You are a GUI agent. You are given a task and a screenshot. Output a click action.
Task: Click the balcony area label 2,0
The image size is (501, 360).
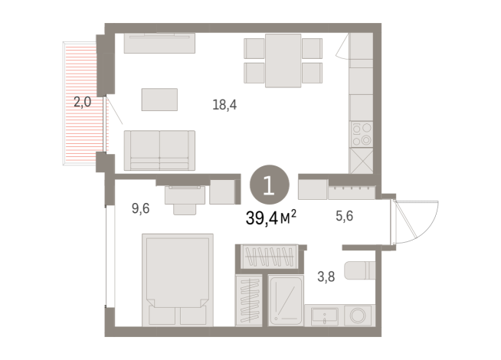pyautogui.click(x=83, y=100)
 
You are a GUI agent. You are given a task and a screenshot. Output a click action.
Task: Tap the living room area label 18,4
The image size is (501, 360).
pyautogui.click(x=224, y=104)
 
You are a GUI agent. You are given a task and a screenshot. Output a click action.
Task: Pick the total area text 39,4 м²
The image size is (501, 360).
pyautogui.click(x=272, y=219)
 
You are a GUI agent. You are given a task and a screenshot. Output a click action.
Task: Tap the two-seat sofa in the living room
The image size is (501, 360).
pyautogui.click(x=159, y=149)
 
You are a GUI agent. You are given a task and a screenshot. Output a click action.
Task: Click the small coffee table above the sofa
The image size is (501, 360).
pyautogui.click(x=159, y=100)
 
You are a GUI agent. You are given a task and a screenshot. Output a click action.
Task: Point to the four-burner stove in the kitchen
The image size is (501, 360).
pyautogui.click(x=361, y=134)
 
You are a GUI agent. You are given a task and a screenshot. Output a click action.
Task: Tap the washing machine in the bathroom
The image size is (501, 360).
pyautogui.click(x=358, y=315)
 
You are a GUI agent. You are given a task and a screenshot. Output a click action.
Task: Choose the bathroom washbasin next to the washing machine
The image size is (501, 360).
pyautogui.click(x=324, y=315)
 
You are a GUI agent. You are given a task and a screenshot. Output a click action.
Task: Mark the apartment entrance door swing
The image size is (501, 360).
pyautogui.click(x=414, y=218)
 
